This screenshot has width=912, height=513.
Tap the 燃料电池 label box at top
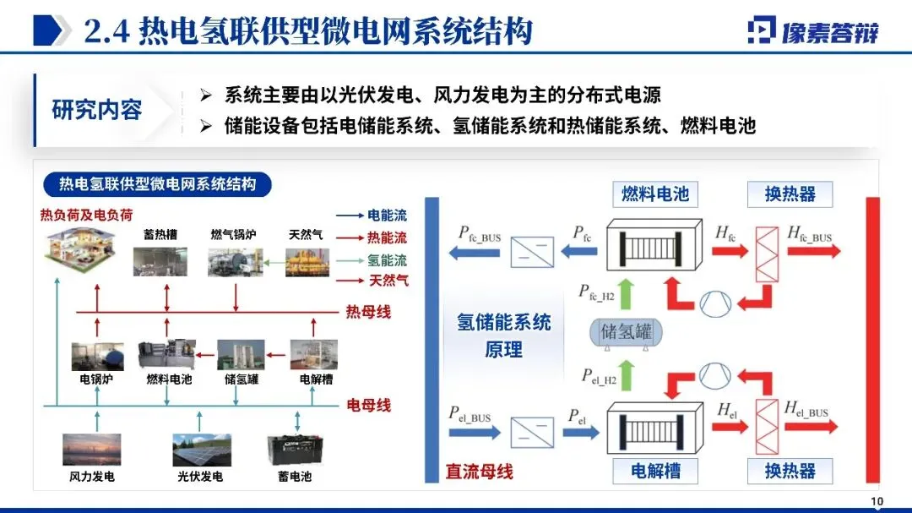point(655,194)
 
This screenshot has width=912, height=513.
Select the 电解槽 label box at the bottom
point(655,470)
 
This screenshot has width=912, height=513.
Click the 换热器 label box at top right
point(790,194)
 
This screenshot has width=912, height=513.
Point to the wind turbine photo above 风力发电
point(90,449)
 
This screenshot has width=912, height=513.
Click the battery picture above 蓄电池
point(294,449)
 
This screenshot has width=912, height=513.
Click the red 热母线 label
point(368,312)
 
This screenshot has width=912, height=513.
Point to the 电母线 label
point(369,405)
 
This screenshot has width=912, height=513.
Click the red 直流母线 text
point(479,472)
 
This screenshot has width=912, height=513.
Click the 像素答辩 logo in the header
point(812,30)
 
